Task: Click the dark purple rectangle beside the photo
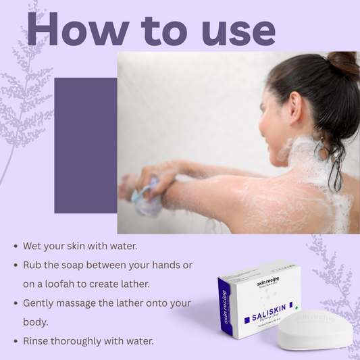click(x=84, y=145)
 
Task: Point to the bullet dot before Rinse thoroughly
click(x=16, y=342)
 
